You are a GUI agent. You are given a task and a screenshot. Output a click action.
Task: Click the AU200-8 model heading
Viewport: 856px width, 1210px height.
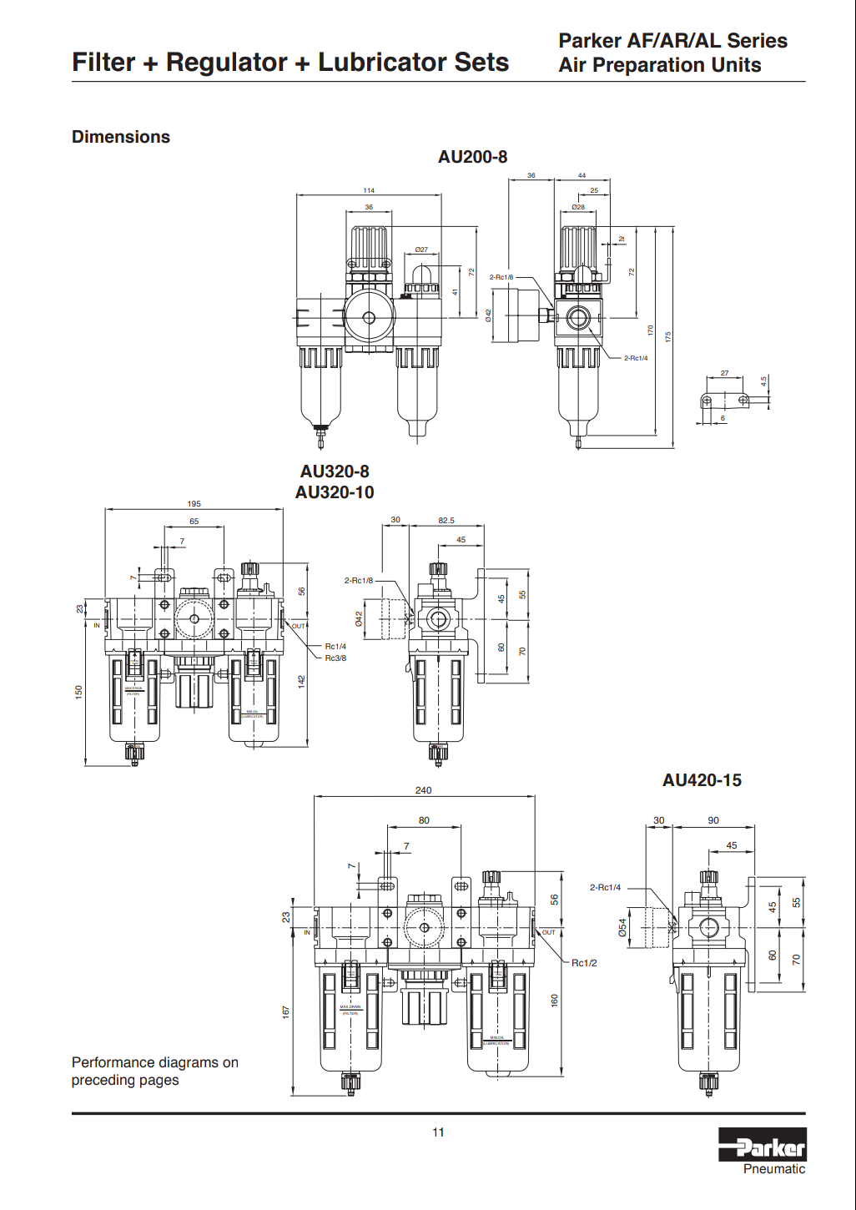pos(472,157)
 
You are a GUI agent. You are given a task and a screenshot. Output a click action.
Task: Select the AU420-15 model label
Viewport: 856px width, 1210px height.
pos(702,780)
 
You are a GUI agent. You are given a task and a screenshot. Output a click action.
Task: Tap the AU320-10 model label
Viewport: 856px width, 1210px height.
pos(335,492)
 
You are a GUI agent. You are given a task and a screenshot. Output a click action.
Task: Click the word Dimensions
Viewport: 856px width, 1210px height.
pos(121,137)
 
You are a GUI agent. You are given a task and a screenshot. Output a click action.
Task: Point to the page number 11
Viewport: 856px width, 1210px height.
pos(438,1132)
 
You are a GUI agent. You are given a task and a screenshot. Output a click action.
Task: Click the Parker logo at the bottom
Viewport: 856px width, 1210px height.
pos(762,1145)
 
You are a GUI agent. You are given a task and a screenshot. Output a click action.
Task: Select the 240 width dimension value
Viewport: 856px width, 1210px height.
pos(424,790)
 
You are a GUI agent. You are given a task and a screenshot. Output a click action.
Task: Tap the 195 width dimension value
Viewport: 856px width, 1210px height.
pos(194,504)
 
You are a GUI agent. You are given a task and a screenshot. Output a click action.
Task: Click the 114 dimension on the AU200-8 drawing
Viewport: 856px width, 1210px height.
pos(369,191)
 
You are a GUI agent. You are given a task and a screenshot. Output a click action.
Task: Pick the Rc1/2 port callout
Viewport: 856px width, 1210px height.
pos(584,963)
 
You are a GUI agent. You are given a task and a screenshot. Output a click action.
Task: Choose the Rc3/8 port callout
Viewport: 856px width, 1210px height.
pos(335,658)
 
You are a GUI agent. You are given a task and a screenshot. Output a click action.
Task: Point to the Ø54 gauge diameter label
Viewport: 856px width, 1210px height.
pos(622,927)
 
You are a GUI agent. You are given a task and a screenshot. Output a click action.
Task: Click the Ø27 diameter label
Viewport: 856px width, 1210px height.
pos(421,250)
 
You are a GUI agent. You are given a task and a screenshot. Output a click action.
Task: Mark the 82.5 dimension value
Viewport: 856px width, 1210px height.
pos(446,521)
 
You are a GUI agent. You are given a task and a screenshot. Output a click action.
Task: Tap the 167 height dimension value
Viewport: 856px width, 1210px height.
pos(286,1011)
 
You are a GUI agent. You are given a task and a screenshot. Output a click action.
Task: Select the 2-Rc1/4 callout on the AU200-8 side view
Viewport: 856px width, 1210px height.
pos(636,358)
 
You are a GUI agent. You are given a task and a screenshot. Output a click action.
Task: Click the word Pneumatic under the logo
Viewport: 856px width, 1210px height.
pos(774,1169)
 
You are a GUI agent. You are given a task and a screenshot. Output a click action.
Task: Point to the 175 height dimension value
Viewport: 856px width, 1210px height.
pos(667,337)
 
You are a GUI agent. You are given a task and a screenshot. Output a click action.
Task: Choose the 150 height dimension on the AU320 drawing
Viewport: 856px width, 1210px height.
pos(79,692)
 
